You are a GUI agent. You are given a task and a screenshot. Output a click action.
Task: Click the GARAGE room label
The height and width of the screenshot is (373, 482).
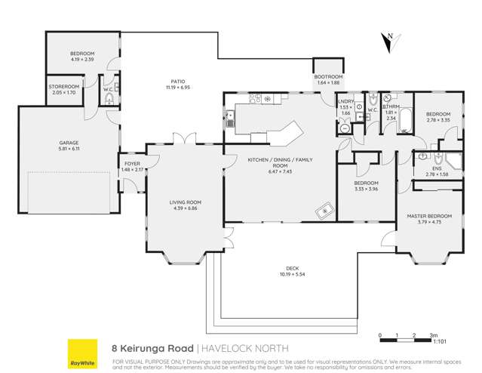[x=69, y=143]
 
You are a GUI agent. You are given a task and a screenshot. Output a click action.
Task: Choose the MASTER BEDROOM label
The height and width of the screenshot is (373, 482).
[x=428, y=216]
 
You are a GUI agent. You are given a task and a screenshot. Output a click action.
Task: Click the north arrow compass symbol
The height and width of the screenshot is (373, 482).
[x=388, y=43]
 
